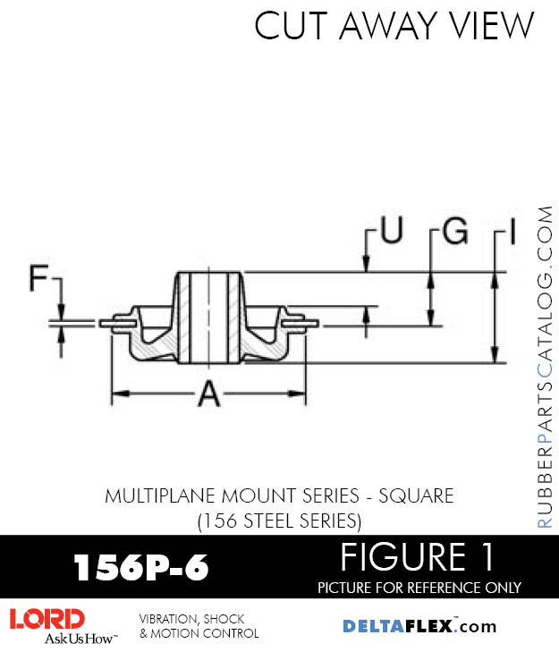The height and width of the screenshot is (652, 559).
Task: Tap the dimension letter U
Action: pyautogui.click(x=391, y=231)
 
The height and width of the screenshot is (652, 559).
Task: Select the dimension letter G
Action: pyautogui.click(x=454, y=232)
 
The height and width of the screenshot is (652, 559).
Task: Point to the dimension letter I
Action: pyautogui.click(x=512, y=233)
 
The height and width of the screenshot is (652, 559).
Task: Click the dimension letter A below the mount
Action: pyautogui.click(x=208, y=393)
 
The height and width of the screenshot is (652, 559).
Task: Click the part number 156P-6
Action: pyautogui.click(x=140, y=567)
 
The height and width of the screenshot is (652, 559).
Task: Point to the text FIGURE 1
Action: pyautogui.click(x=417, y=558)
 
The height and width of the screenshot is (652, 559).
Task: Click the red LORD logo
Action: pyautogui.click(x=47, y=619)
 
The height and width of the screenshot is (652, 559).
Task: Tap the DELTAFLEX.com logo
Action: pyautogui.click(x=419, y=626)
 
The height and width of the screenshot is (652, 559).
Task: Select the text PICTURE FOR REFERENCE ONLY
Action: pyautogui.click(x=419, y=588)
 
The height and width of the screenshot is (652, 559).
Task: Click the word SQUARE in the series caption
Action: pyautogui.click(x=414, y=495)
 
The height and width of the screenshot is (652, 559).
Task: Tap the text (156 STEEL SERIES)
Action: pyautogui.click(x=278, y=519)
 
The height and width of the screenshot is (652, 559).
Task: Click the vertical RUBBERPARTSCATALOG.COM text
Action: pyautogui.click(x=546, y=367)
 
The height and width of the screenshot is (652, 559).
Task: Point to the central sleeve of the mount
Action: pyautogui.click(x=209, y=318)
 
